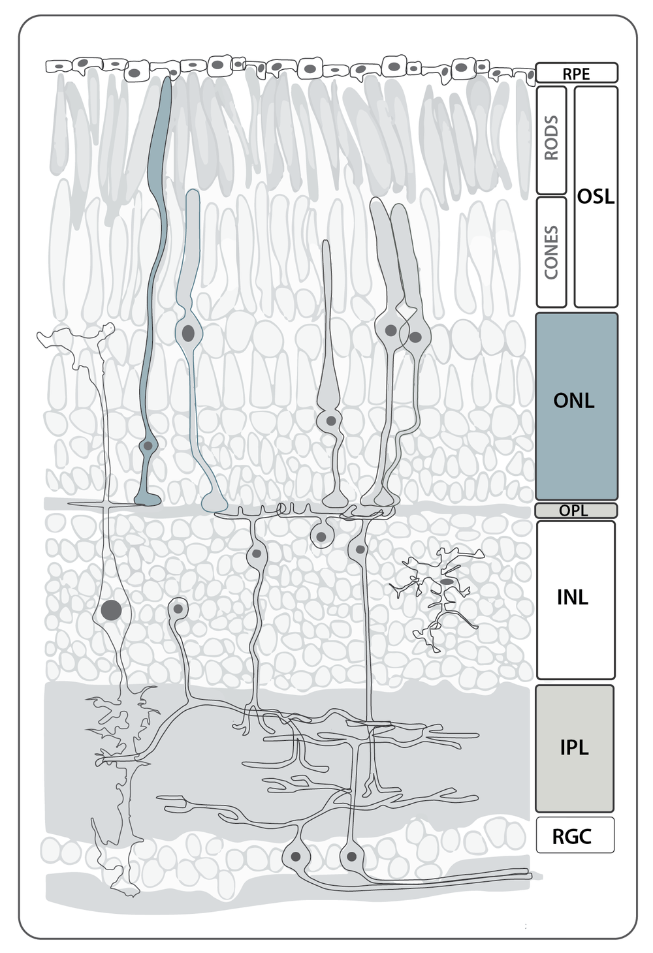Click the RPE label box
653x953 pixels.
click(x=576, y=72)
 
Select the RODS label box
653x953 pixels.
click(x=551, y=140)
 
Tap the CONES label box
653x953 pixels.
click(x=551, y=252)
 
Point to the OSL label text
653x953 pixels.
click(x=596, y=196)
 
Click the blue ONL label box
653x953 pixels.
click(x=576, y=406)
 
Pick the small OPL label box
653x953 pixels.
click(x=576, y=510)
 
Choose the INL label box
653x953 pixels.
click(x=575, y=599)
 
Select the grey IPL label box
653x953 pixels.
click(x=575, y=748)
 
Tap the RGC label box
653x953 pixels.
click(x=575, y=836)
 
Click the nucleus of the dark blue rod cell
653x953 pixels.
click(x=148, y=446)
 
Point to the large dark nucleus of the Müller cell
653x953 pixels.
click(x=111, y=610)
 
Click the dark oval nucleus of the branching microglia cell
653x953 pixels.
click(x=447, y=581)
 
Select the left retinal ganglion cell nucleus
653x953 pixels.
click(x=296, y=856)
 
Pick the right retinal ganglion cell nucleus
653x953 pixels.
click(x=351, y=856)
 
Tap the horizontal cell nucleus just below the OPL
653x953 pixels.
click(x=321, y=537)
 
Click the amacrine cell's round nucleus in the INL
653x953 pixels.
click(x=178, y=609)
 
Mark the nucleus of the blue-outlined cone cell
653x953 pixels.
click(x=189, y=334)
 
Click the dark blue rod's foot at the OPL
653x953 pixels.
click(x=148, y=500)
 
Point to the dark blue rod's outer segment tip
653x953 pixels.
click(x=167, y=82)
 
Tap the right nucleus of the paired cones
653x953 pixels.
click(x=415, y=337)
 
